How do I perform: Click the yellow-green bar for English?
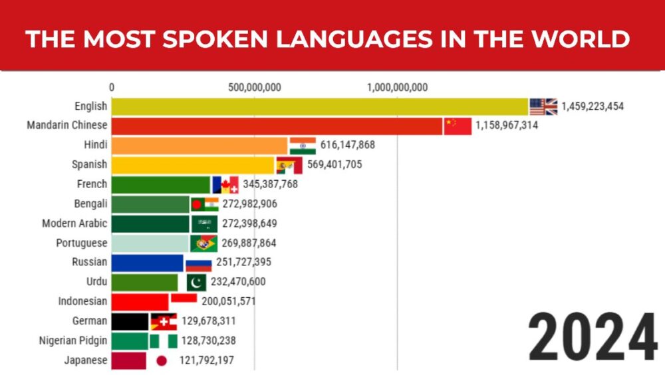(319, 106)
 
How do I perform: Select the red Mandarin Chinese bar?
(277, 126)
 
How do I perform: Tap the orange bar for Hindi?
(199, 146)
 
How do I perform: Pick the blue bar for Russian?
(147, 263)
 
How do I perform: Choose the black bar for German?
(130, 322)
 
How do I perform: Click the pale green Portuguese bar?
(150, 243)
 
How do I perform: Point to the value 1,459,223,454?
(593, 106)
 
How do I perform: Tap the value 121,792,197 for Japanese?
(207, 361)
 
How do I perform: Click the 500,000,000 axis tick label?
(254, 87)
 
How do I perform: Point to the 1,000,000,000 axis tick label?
(397, 87)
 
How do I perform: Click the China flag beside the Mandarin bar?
(458, 126)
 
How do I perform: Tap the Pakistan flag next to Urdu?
(196, 282)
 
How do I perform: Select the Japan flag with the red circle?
(161, 361)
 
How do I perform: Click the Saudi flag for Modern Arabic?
(204, 223)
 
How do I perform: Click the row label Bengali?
(91, 204)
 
